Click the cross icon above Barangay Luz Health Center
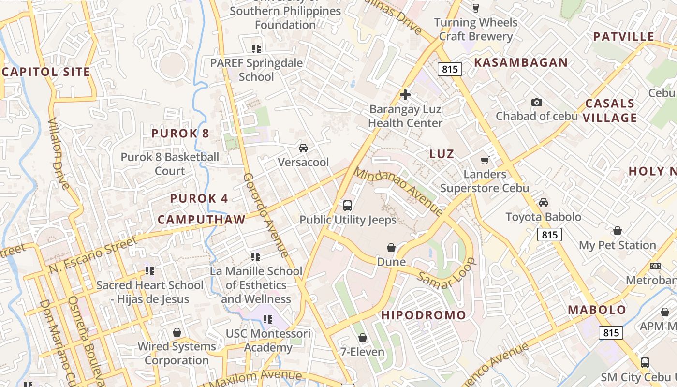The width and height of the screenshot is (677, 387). [405, 95]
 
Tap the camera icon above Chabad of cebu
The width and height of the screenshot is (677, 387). [536, 102]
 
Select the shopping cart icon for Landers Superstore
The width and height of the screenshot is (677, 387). [485, 160]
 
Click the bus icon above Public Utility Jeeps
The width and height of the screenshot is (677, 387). [348, 206]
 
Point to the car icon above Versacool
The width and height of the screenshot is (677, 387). [303, 148]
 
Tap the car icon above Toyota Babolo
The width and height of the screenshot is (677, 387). [543, 203]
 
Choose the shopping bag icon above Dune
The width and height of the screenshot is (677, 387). [391, 248]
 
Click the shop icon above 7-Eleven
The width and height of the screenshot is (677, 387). [363, 338]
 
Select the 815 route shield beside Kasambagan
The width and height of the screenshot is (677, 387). [450, 69]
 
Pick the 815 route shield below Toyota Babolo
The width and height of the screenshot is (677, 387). [549, 235]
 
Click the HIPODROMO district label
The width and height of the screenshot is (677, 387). [424, 315]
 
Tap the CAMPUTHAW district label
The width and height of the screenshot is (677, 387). [202, 220]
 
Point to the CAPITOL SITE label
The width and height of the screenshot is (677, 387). [46, 73]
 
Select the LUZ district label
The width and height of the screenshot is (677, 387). [442, 154]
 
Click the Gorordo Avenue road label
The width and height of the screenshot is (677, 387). [265, 215]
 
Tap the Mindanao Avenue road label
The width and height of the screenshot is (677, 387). [398, 191]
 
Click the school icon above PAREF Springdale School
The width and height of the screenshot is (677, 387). [256, 48]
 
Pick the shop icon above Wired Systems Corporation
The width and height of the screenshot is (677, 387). [177, 332]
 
